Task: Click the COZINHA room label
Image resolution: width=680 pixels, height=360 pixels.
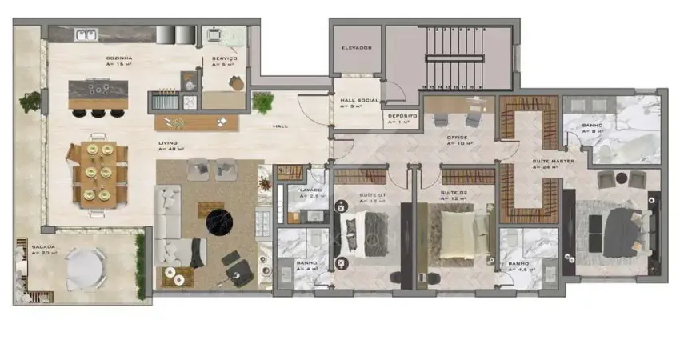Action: [x=118, y=59]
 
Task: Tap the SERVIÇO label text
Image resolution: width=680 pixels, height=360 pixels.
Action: [x=223, y=59]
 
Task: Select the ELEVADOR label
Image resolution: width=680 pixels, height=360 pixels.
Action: [x=357, y=48]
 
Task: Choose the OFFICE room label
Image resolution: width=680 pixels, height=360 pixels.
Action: [x=457, y=138]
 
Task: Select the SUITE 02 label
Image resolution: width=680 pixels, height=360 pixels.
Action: [x=453, y=194]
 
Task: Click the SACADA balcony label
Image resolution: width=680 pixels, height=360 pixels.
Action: [x=43, y=249]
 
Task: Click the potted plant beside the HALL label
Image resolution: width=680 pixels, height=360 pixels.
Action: [x=262, y=102]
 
